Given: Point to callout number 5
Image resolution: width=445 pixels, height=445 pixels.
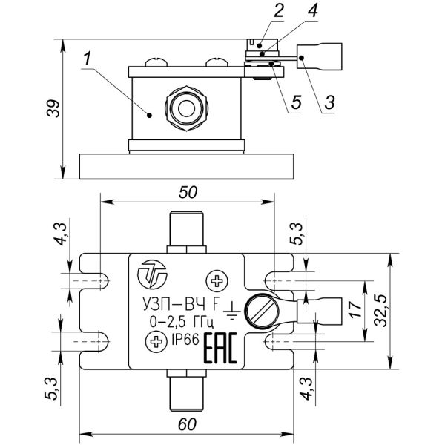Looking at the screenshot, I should [295, 102].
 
